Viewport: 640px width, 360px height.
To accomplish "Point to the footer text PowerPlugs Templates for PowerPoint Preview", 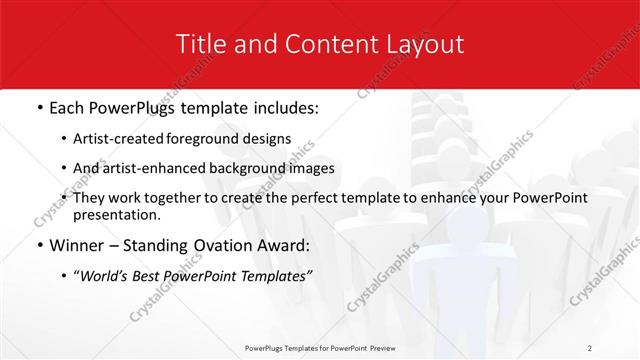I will (320, 347).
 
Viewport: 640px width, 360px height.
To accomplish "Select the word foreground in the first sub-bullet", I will (212, 139).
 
